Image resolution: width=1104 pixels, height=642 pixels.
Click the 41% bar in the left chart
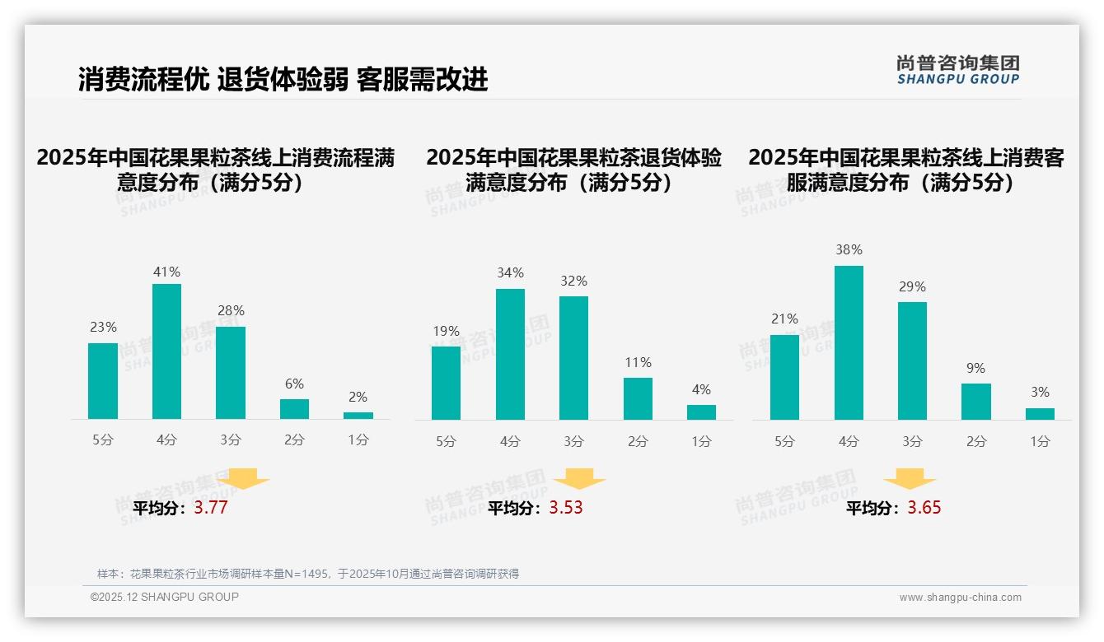coord(166,351)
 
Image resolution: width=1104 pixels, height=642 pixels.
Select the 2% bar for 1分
coord(358,416)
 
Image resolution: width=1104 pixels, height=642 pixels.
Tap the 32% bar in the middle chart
coord(573,358)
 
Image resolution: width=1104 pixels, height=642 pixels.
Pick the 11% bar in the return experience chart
coord(638,399)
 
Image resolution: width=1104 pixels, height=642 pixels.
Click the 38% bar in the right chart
coord(849,342)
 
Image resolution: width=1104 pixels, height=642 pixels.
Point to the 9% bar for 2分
coord(976,402)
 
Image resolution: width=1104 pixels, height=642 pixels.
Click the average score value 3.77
coord(211,508)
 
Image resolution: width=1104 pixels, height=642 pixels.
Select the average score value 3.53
coord(566,508)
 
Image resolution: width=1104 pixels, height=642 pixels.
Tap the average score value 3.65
coord(924,508)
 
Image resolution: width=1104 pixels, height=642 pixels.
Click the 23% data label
coord(103,328)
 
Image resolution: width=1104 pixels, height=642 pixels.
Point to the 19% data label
coord(446,332)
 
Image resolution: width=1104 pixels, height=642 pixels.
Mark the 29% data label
coord(912,287)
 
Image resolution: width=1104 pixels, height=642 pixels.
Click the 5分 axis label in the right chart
coord(784,441)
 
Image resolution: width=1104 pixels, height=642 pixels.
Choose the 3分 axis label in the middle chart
coord(573,441)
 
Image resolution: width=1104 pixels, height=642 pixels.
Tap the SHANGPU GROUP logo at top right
coord(958,70)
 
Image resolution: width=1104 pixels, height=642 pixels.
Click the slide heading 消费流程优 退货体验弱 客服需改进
coord(283,79)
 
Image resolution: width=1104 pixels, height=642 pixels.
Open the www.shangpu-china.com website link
coord(960,598)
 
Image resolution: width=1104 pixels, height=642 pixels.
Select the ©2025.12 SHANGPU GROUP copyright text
coord(165,597)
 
